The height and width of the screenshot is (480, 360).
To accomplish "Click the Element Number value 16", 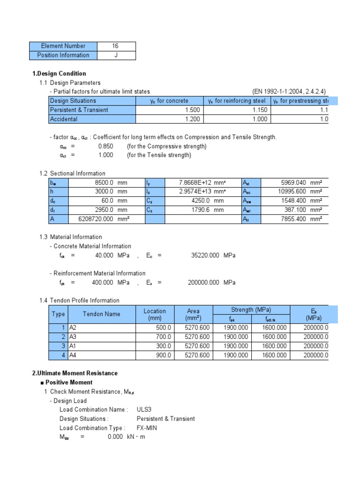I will (x=115, y=46).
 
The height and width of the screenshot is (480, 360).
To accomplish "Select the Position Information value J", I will (x=116, y=55).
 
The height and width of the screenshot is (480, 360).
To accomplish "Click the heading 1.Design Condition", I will (x=59, y=74).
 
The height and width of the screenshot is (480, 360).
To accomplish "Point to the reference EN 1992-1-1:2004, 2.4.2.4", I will (x=289, y=91).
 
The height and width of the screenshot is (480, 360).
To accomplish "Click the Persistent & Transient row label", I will (x=79, y=110).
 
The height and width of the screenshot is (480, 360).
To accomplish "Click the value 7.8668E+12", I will (x=196, y=182).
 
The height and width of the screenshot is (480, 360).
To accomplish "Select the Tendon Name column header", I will (x=101, y=314).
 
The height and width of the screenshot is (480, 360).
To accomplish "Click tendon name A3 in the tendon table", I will (x=73, y=337).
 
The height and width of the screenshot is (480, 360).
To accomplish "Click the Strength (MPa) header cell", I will (x=251, y=310).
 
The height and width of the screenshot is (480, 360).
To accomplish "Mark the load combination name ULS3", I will (x=144, y=410).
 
